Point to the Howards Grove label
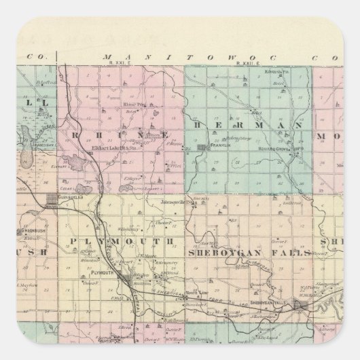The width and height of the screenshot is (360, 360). [x=280, y=151]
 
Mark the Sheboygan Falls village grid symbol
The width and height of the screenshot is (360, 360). [x=299, y=310]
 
